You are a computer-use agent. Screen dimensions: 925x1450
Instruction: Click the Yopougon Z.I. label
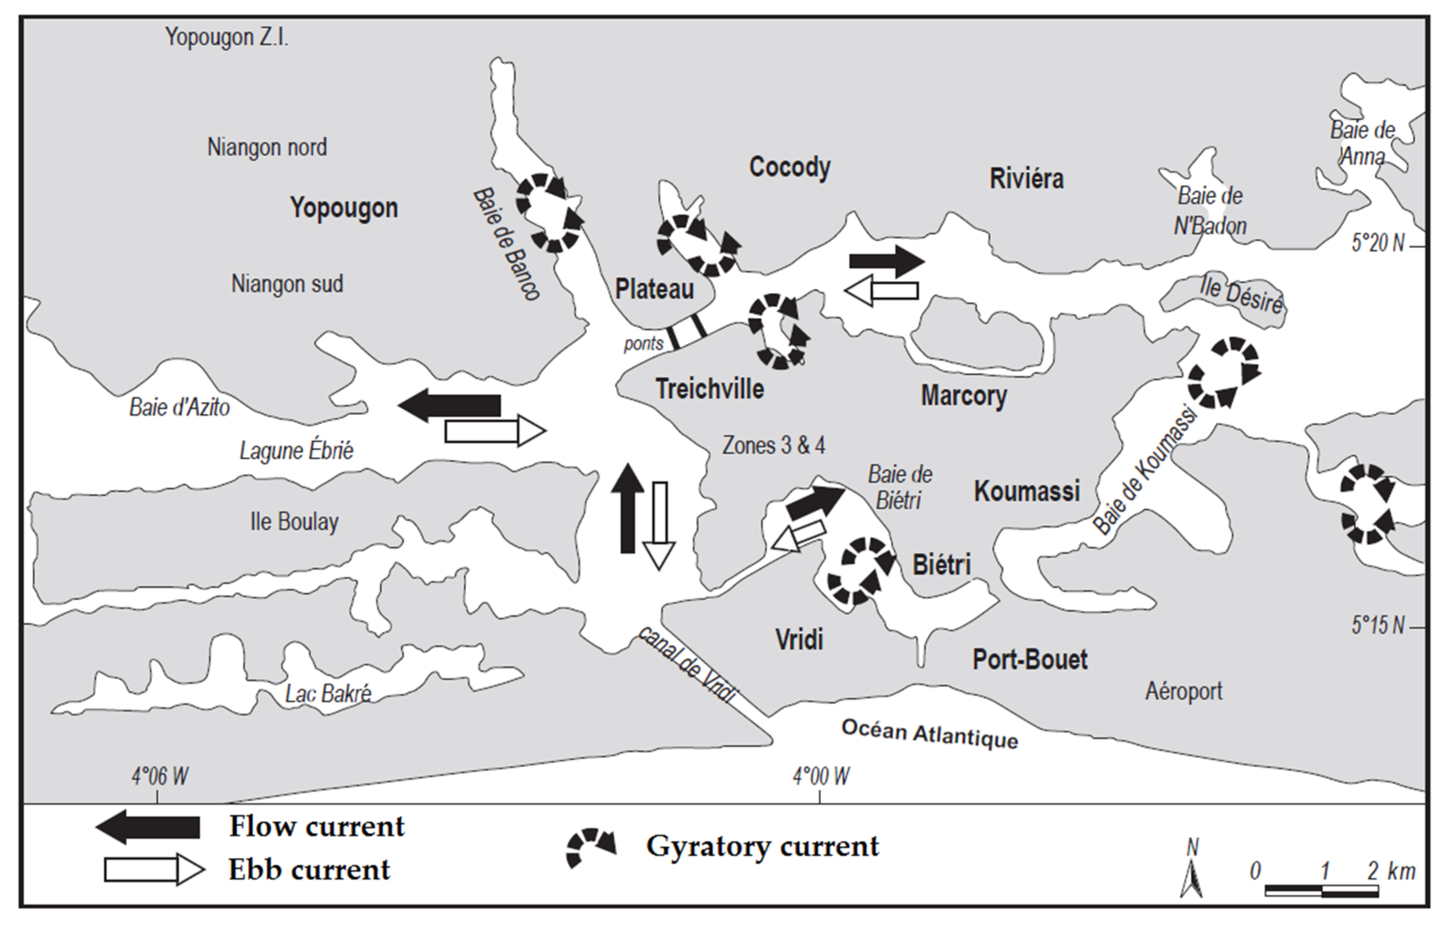227,37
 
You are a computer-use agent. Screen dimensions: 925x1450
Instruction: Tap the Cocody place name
789,167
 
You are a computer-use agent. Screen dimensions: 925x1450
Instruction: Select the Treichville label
709,389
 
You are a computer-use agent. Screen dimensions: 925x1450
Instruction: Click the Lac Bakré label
328,694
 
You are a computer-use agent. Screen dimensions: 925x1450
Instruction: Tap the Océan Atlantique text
929,733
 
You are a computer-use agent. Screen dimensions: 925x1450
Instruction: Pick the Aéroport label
1183,691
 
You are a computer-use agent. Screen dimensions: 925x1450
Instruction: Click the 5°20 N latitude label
1377,243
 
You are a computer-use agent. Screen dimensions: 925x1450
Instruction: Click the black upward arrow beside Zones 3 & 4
627,509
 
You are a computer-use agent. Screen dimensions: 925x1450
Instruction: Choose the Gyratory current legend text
762,846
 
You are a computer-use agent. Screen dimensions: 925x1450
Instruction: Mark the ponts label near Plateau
643,344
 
